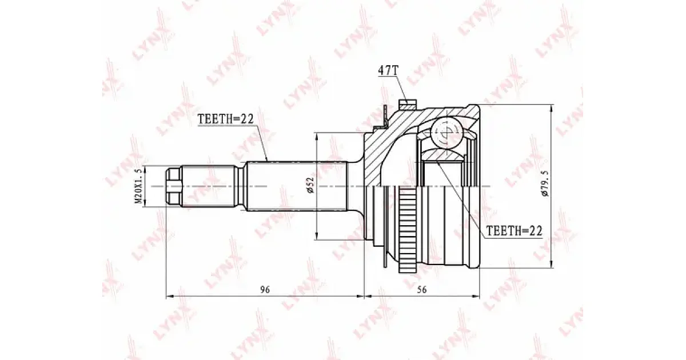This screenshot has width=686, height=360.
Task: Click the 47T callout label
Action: (388, 71)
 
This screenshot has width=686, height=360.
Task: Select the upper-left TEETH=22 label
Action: (226, 119)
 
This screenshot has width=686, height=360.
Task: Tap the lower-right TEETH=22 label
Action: (514, 230)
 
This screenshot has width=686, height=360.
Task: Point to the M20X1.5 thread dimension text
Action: (139, 186)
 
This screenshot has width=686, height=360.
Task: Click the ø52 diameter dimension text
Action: (312, 186)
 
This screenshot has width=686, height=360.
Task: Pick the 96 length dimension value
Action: (265, 289)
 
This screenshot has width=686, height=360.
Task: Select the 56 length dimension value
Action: (422, 289)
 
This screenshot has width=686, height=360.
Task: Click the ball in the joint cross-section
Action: (447, 134)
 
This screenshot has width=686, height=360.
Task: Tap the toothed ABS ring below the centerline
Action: (407, 229)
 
